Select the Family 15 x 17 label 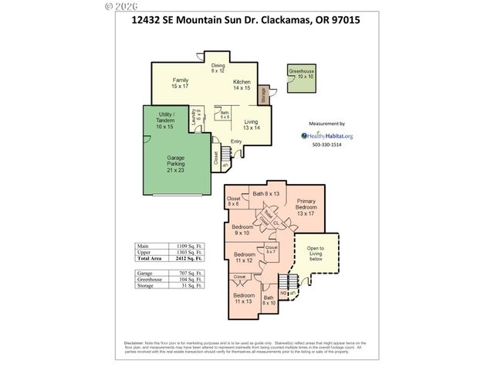point(181,83)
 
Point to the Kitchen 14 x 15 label point(242,85)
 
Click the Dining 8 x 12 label point(218,68)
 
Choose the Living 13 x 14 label point(252,124)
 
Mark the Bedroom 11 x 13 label point(244,298)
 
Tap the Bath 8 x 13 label point(266,192)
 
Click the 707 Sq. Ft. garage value point(189,273)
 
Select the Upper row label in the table point(143,252)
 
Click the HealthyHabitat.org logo point(327,135)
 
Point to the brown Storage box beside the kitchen point(263,97)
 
